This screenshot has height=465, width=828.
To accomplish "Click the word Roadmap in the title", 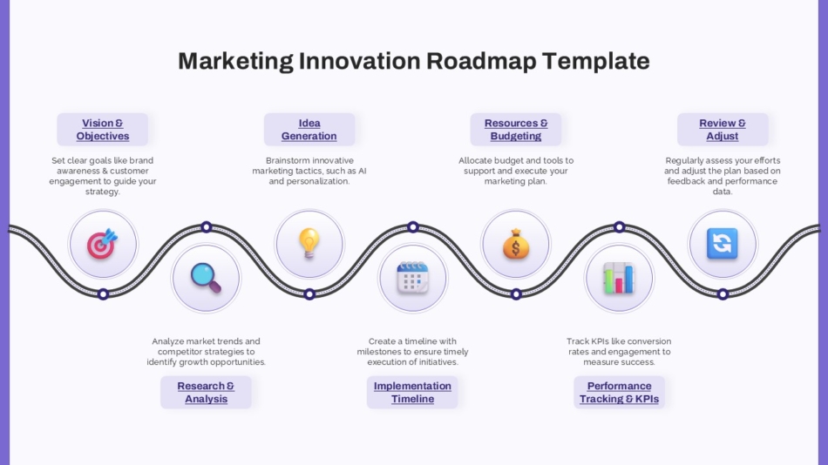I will pyautogui.click(x=480, y=61).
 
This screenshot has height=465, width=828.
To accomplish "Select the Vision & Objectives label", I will pyautogui.click(x=103, y=130).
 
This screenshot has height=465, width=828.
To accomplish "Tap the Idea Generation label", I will pyautogui.click(x=309, y=130).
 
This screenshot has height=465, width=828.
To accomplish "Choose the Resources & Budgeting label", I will pyautogui.click(x=516, y=130).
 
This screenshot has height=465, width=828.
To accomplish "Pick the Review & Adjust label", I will pyautogui.click(x=723, y=130).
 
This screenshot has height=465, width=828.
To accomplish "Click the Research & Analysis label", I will pyautogui.click(x=206, y=393).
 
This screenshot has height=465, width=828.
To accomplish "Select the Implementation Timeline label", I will pyautogui.click(x=412, y=393).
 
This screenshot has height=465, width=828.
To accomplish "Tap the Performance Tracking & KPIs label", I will pyautogui.click(x=619, y=393).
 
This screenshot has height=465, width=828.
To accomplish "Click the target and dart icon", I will pyautogui.click(x=103, y=244).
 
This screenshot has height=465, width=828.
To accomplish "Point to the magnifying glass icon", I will pyautogui.click(x=206, y=277).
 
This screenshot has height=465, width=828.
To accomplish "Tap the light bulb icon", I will pyautogui.click(x=309, y=244).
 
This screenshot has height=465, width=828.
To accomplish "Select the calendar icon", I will pyautogui.click(x=412, y=277).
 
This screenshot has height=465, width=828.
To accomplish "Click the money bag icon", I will pyautogui.click(x=516, y=244).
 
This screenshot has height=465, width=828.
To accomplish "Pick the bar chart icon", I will pyautogui.click(x=619, y=277).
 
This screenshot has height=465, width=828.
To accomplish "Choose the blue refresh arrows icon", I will pyautogui.click(x=723, y=244).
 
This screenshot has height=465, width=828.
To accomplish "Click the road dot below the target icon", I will pyautogui.click(x=103, y=294).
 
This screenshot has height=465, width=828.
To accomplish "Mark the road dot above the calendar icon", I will pyautogui.click(x=413, y=227).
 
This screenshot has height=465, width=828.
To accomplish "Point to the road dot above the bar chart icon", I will pyautogui.click(x=619, y=227).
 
